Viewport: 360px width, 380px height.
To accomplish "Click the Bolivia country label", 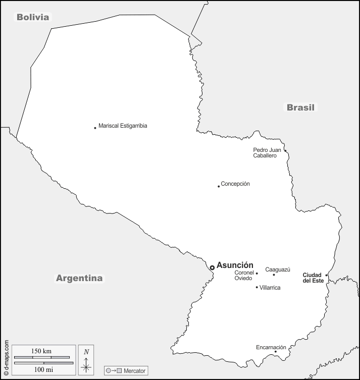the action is (x=33, y=17).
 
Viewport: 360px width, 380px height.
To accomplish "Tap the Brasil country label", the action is (x=300, y=107).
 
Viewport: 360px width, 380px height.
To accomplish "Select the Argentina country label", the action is (x=79, y=278).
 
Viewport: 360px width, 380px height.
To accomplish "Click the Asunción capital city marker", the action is (x=212, y=267).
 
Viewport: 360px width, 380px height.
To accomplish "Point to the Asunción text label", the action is (x=235, y=265).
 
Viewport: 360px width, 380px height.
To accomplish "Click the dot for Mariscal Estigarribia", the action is (x=95, y=128).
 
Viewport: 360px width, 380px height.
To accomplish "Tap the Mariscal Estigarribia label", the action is (x=123, y=126).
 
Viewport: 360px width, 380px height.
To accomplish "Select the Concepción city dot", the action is (x=219, y=186).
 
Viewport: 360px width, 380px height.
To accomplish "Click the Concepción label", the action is (x=235, y=184).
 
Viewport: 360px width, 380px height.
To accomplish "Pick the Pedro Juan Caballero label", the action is (x=267, y=153).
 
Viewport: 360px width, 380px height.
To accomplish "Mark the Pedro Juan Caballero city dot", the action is (x=285, y=150).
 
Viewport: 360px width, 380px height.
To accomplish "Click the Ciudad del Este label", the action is (x=313, y=278).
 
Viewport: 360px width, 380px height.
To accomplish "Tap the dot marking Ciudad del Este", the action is (x=327, y=275).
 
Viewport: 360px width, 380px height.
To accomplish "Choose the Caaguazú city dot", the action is (x=274, y=275).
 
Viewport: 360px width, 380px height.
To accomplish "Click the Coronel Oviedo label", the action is (x=244, y=276).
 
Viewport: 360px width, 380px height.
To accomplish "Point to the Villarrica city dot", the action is (x=256, y=287).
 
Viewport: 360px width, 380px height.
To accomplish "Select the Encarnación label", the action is (x=271, y=347).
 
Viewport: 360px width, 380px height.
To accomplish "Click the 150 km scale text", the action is (x=41, y=351).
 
